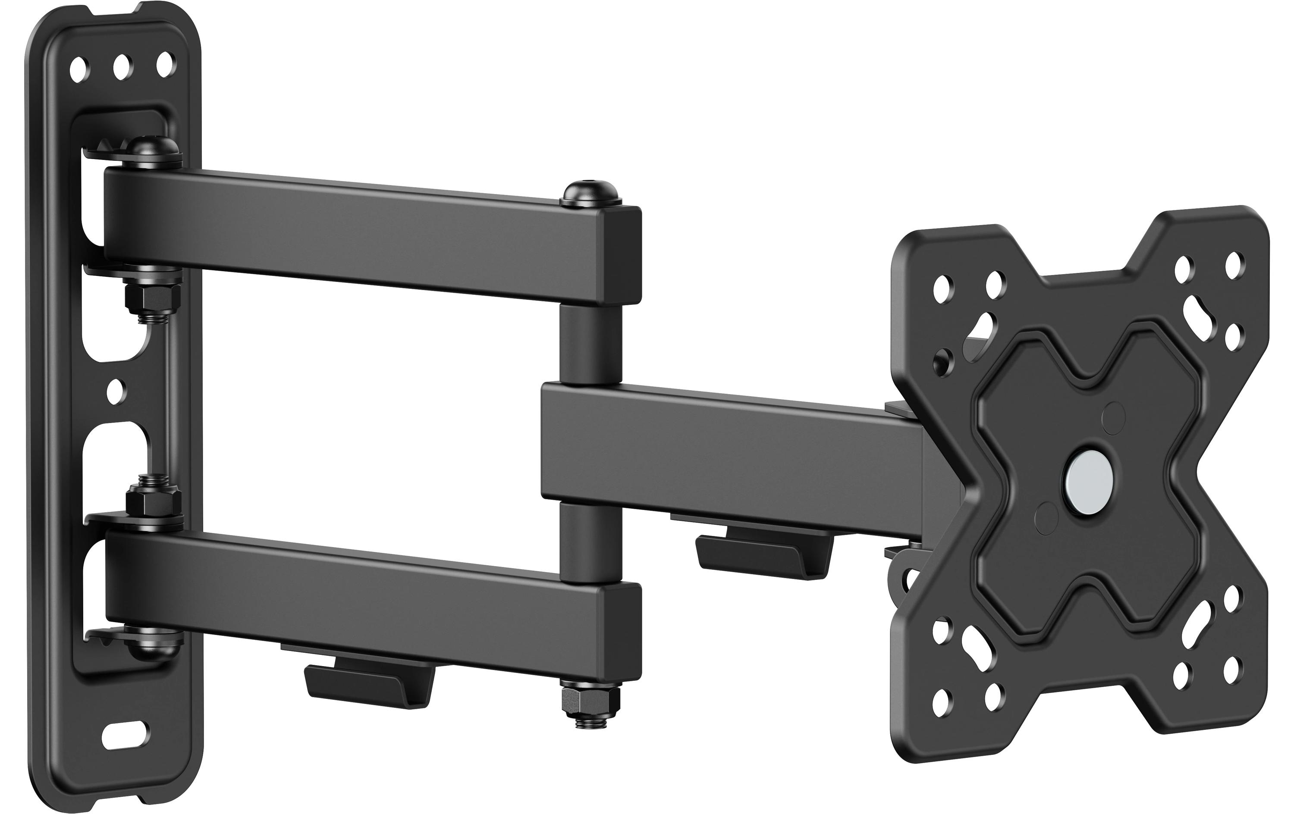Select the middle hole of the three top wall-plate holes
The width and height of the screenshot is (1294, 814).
pos(122,67)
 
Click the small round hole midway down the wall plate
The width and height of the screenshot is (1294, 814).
pos(115,391)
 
